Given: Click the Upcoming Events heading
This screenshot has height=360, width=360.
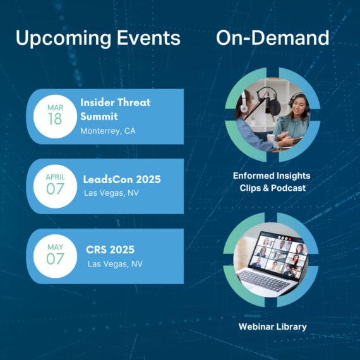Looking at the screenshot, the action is (x=98, y=39).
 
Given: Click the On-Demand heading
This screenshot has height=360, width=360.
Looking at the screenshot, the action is (x=273, y=38).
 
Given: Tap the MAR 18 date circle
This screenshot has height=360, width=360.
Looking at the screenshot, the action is (x=55, y=116).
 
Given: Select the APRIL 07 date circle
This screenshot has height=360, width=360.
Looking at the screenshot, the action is (x=55, y=186).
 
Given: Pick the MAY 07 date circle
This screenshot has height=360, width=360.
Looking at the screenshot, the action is (x=55, y=256).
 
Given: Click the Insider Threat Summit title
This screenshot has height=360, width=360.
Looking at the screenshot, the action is (x=116, y=109).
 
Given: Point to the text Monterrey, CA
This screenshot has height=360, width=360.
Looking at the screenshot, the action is (x=108, y=131).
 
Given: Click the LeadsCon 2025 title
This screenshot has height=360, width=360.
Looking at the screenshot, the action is (x=122, y=179).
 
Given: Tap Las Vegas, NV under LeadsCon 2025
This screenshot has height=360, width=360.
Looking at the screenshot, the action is (x=111, y=193).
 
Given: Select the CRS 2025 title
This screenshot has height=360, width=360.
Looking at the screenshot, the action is (x=110, y=249).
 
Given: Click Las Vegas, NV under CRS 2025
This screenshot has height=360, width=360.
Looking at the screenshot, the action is (x=115, y=264).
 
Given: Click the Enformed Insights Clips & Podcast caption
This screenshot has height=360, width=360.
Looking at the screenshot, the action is (x=272, y=182).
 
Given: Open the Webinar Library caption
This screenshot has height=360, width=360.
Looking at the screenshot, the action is (x=272, y=327).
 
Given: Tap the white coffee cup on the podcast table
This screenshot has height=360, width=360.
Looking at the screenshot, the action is (x=271, y=138).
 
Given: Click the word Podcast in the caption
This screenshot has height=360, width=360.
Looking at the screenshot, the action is (x=289, y=188).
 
